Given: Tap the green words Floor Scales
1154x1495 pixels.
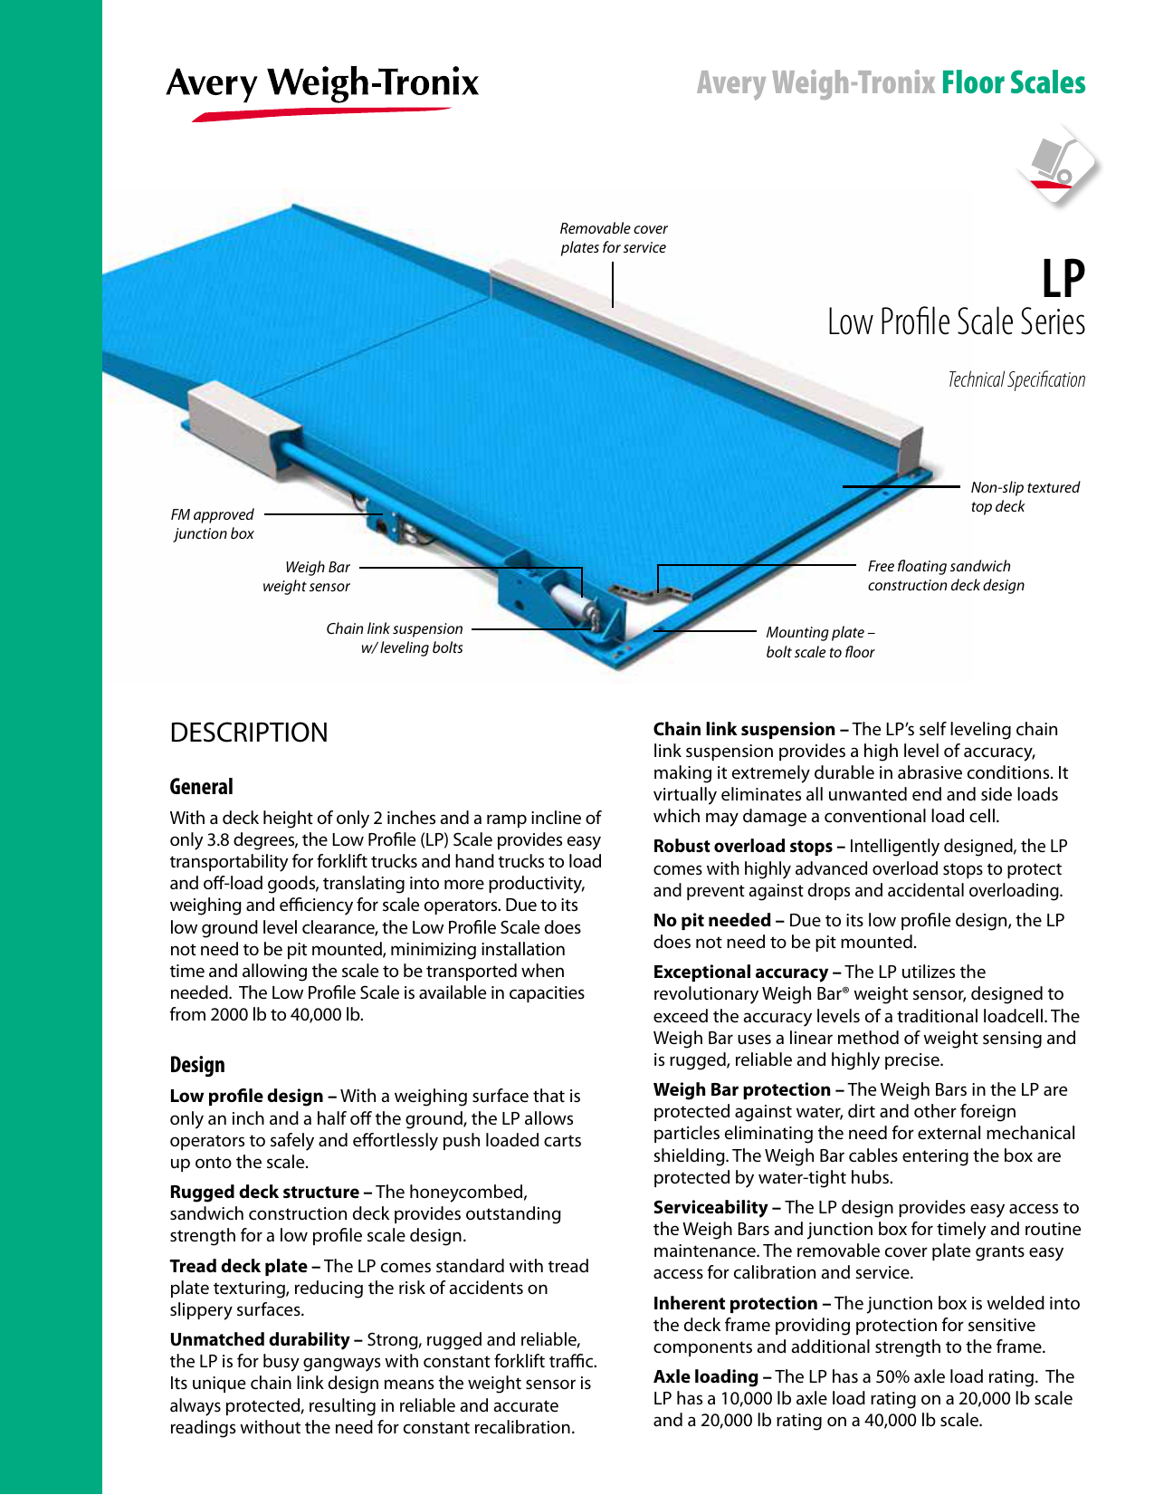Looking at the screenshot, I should pos(1013,83).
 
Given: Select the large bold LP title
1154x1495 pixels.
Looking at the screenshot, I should pos(1063,279).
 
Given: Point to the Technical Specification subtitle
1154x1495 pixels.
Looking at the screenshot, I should pos(1016,380).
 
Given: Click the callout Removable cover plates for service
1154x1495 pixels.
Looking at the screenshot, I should pos(614,238).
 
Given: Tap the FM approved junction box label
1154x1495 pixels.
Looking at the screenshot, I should pos(213,524).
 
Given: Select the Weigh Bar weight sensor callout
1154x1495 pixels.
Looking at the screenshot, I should pos(307,577).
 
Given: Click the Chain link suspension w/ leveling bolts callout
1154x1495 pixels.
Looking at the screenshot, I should pos(396,638).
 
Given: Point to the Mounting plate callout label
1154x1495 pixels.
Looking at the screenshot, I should pos(820,642).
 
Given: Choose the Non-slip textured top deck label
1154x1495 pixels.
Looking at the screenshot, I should pos(1025,497).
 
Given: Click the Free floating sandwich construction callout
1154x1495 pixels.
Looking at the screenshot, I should pos(945,576).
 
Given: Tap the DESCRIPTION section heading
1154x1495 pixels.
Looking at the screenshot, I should pos(249,733).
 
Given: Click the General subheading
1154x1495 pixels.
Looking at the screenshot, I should pos(202,787).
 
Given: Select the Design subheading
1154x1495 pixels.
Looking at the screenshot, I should pos(197,1065).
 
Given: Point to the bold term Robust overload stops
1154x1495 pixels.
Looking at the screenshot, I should pos(743,846).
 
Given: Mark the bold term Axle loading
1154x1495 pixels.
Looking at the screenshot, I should pos(706,1376).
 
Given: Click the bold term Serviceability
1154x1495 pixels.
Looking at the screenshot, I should pos(711,1207).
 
